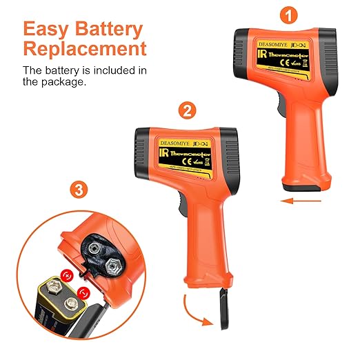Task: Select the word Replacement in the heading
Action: coord(84,50)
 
